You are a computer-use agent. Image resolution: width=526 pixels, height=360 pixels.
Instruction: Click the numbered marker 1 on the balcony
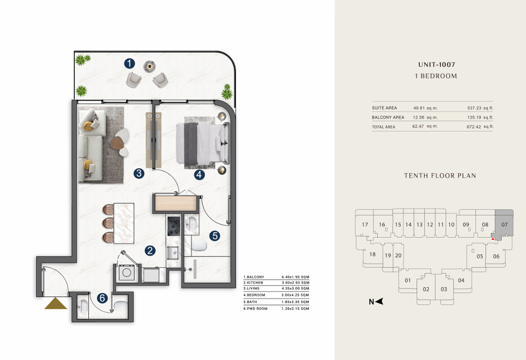[129, 63]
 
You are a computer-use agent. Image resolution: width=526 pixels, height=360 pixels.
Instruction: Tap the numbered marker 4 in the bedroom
[199, 175]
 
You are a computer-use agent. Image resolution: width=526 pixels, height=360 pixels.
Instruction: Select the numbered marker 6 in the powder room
[102, 298]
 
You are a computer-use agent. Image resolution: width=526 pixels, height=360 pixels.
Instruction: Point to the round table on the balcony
[149, 66]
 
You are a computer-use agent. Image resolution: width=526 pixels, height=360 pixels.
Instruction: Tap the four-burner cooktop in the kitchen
[174, 226]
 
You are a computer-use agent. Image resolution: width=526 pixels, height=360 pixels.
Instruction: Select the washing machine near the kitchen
[127, 273]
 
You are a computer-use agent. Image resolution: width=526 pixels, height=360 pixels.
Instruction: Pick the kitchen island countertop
[124, 223]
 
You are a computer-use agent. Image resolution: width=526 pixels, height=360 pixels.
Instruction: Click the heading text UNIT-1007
[437, 65]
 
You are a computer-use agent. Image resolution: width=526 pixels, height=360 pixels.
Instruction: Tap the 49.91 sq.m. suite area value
[425, 108]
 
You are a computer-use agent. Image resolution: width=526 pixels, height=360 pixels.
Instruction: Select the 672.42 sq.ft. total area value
[480, 127]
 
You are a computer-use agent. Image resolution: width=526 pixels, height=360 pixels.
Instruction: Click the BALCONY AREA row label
[388, 117]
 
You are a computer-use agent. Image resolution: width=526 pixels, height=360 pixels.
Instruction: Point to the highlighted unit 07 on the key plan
[504, 224]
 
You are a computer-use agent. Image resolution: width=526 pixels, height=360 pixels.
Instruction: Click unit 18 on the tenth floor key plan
[372, 254]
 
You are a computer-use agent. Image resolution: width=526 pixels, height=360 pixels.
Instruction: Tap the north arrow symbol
[376, 302]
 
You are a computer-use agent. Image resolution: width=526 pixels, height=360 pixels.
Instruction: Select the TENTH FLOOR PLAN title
[440, 176]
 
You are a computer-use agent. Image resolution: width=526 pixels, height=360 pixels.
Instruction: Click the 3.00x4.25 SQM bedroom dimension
[295, 295]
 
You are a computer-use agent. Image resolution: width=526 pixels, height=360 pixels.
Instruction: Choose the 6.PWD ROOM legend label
[255, 309]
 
